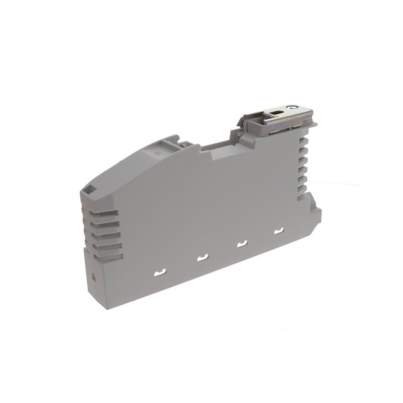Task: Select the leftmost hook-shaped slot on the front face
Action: click(160, 273)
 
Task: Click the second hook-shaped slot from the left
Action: click(203, 259)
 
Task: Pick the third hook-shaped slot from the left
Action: click(242, 245)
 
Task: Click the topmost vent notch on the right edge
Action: click(304, 137)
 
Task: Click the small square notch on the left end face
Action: click(93, 277)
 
